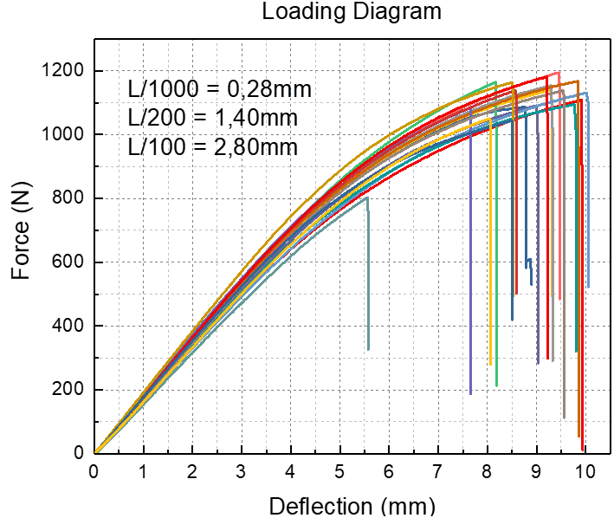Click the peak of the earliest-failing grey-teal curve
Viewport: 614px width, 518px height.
[367, 197]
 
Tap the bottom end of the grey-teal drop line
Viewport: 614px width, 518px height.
[368, 349]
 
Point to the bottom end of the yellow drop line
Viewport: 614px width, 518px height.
[491, 365]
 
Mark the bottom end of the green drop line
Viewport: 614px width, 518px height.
[496, 385]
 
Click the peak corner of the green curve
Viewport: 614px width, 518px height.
[495, 83]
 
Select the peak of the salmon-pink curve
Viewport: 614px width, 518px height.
[559, 73]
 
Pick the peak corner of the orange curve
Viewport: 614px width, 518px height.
[578, 81]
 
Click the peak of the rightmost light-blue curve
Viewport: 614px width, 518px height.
[586, 93]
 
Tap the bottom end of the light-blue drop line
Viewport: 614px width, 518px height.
[588, 287]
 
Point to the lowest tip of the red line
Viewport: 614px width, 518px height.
[582, 450]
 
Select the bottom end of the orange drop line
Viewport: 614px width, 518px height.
[579, 437]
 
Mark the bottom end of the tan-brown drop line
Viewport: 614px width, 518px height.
[564, 418]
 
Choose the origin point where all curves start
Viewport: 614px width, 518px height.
[96, 451]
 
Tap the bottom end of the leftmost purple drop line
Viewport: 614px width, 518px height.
[470, 394]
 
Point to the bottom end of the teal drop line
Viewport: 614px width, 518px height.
[576, 351]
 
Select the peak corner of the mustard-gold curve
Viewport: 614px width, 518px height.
[512, 83]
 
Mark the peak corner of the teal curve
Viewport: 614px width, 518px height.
[573, 104]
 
